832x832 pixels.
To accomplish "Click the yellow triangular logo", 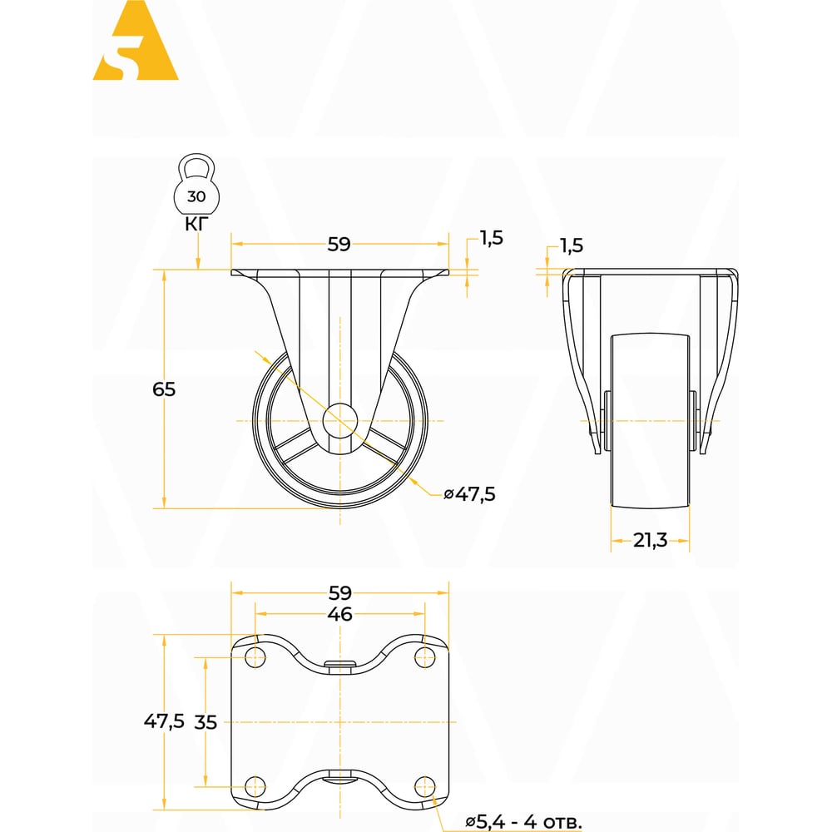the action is [136, 42].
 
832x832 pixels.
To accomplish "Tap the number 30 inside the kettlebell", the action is [196, 196].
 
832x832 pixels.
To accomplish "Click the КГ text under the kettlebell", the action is [196, 224].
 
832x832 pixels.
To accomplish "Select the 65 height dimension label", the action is [164, 389].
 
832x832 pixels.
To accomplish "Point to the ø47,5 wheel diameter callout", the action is [469, 494].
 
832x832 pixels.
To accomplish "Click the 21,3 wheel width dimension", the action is [650, 540].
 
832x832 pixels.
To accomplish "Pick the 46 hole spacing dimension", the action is [339, 614].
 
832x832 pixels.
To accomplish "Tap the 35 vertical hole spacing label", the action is [206, 722].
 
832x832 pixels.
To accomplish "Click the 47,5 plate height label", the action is [164, 721].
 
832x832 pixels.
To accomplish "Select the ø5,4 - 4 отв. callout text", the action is [523, 822].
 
